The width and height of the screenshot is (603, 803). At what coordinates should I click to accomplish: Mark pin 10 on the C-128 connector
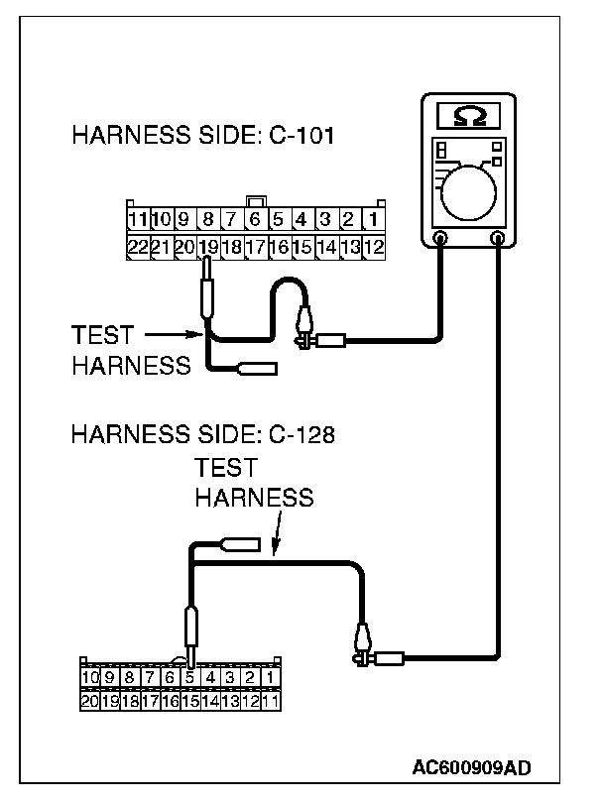coord(89,678)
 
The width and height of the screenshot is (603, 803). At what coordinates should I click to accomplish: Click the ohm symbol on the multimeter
coord(469,117)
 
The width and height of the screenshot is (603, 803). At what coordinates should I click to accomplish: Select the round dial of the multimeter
coord(470,189)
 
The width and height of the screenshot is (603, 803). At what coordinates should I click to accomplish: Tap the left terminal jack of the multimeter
coord(441,239)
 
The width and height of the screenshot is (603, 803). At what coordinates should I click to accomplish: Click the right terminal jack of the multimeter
coord(500,239)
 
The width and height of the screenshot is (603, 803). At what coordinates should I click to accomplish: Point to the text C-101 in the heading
coord(301,135)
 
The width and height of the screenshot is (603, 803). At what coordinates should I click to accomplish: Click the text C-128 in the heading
coord(301,434)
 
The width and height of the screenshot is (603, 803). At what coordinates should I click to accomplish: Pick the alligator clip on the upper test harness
coord(305,328)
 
